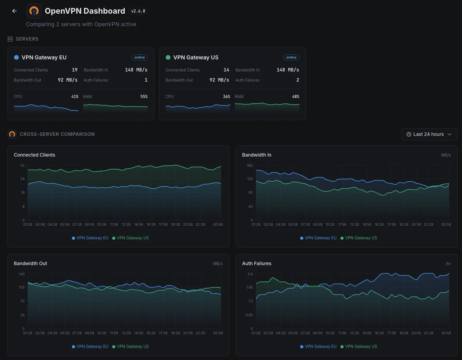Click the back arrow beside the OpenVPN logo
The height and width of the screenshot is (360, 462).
click(x=14, y=11)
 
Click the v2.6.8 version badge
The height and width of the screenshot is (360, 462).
click(x=138, y=11)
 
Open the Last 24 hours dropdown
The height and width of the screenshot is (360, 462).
click(x=429, y=134)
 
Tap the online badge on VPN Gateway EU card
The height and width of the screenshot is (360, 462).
click(x=140, y=57)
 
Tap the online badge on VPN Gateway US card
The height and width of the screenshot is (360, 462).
click(x=291, y=57)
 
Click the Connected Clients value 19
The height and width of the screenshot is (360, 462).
click(x=75, y=70)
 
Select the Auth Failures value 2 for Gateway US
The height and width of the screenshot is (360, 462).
click(x=297, y=80)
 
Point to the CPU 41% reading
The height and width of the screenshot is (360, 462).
click(x=75, y=96)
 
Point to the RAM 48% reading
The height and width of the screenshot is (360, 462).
click(x=295, y=96)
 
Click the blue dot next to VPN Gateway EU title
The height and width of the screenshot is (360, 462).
click(x=16, y=57)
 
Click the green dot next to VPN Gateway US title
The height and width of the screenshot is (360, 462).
click(x=168, y=57)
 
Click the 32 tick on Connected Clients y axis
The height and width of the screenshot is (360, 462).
click(x=22, y=166)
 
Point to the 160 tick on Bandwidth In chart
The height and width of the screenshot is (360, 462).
click(x=249, y=166)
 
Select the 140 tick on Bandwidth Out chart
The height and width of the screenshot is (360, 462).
click(x=21, y=274)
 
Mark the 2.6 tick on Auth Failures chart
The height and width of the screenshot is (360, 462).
click(x=250, y=274)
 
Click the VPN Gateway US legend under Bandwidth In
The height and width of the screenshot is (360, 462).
click(x=358, y=238)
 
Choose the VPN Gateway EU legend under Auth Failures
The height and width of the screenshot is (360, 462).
click(x=318, y=346)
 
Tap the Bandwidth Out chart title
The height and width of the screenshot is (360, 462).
click(x=30, y=264)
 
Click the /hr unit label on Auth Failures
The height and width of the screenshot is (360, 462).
click(x=448, y=264)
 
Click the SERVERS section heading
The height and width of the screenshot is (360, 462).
click(x=27, y=39)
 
